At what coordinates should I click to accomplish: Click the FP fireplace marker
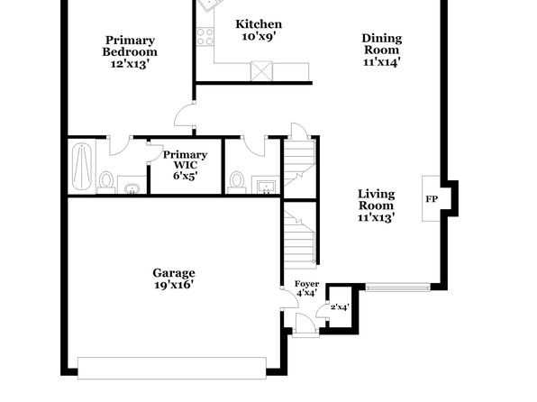click(432, 199)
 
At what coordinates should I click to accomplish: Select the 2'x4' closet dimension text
click(340, 307)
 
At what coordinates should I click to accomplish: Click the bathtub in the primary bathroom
click(82, 167)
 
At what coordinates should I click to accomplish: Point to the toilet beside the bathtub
click(106, 182)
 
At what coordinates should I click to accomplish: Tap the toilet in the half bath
click(237, 182)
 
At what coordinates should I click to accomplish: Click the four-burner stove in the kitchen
click(205, 37)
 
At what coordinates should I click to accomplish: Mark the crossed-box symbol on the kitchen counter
click(261, 71)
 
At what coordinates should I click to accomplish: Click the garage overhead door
click(172, 368)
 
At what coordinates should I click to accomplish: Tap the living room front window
click(397, 287)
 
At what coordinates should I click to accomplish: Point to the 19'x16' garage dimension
click(174, 285)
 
